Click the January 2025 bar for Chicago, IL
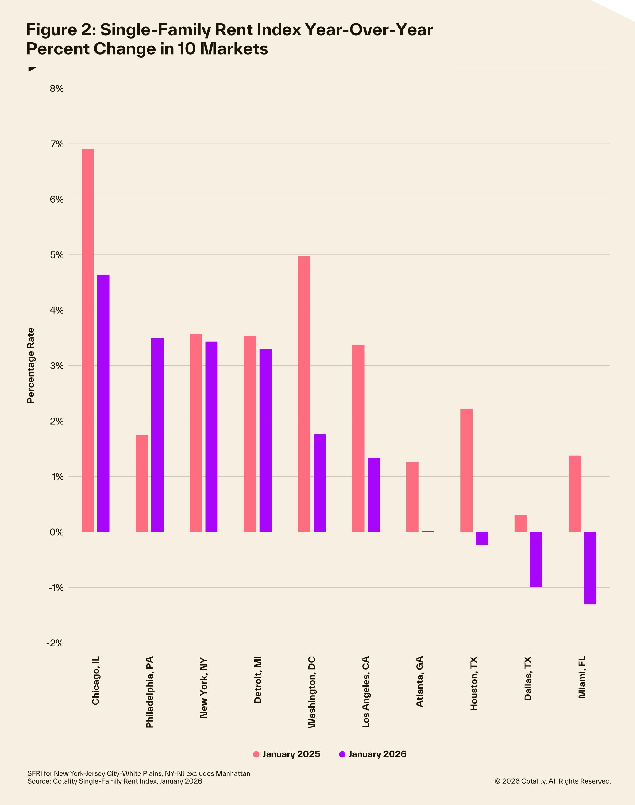point(88,340)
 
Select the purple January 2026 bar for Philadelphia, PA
point(157,435)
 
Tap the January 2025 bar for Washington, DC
point(304,394)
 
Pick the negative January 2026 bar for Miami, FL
point(590,568)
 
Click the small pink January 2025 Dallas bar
point(521,523)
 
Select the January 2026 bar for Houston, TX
point(482,538)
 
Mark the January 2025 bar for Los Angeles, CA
point(358,438)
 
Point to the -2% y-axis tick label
point(55,643)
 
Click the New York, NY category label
point(203,688)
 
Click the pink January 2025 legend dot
point(256,754)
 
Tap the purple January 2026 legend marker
point(342,754)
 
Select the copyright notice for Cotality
point(552,781)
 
